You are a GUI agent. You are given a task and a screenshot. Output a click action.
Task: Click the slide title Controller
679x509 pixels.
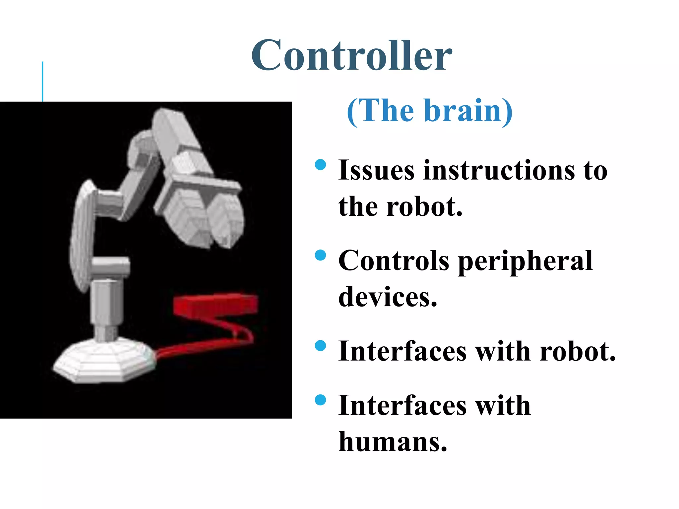[x=351, y=56]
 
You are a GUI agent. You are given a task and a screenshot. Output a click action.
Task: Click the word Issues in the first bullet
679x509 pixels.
[x=376, y=171]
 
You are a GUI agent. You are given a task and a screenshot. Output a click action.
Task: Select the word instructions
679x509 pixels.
[x=499, y=171]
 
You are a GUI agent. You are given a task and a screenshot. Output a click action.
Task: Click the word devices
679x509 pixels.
[x=387, y=297]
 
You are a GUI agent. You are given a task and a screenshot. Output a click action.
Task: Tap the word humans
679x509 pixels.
[x=393, y=442]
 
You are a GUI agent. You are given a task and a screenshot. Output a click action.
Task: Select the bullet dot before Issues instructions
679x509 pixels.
[x=320, y=165]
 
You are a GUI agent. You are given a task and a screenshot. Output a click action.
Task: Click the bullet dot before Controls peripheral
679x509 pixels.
[x=320, y=255]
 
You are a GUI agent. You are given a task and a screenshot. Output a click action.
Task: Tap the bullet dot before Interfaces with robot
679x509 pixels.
[x=320, y=346]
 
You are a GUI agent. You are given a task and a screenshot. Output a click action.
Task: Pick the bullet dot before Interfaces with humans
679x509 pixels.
[x=320, y=400]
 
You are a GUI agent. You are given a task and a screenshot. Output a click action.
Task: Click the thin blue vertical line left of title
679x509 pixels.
[x=42, y=81]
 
